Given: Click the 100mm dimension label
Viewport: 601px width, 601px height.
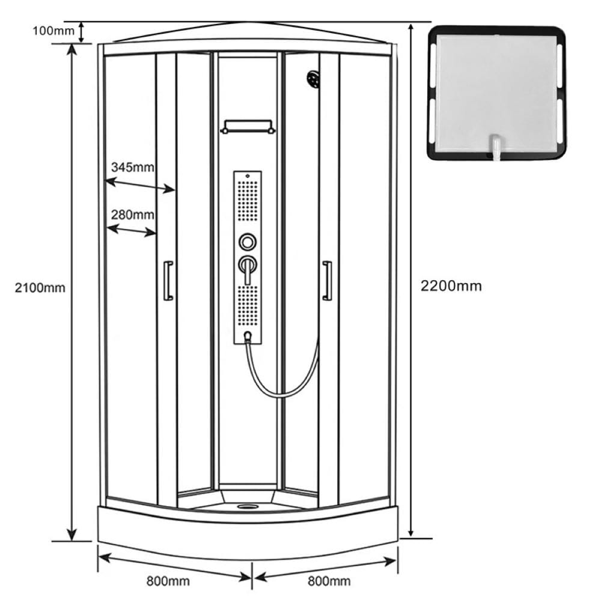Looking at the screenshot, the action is pyautogui.click(x=53, y=31).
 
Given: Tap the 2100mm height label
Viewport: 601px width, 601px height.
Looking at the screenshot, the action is pyautogui.click(x=40, y=287).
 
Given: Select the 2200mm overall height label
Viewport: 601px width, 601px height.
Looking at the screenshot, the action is pyautogui.click(x=451, y=286).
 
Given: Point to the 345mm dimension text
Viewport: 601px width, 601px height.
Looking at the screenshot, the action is pyautogui.click(x=133, y=167).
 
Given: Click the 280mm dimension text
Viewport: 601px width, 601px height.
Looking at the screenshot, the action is pyautogui.click(x=133, y=215).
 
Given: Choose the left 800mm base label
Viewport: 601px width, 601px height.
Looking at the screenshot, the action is pyautogui.click(x=168, y=581).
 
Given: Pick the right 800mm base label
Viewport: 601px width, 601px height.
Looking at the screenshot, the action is pyautogui.click(x=329, y=581).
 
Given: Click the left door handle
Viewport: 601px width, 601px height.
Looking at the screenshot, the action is pyautogui.click(x=168, y=281).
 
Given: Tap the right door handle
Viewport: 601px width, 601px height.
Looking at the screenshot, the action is pyautogui.click(x=327, y=281).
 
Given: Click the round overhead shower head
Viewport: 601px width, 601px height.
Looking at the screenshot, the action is pyautogui.click(x=314, y=78).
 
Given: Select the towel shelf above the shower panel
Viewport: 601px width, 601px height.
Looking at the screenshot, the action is pyautogui.click(x=248, y=127).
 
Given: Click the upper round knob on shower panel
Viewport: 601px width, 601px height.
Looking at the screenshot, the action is pyautogui.click(x=248, y=242).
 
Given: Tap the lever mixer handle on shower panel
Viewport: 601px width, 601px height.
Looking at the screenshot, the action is pyautogui.click(x=248, y=267).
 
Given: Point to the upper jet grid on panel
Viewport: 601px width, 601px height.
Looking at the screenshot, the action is pyautogui.click(x=248, y=201).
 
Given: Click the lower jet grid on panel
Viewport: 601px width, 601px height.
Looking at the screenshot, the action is pyautogui.click(x=248, y=305).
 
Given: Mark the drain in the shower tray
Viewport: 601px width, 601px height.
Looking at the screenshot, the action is pyautogui.click(x=245, y=506).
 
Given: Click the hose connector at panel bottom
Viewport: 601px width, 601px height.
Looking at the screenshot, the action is pyautogui.click(x=248, y=336).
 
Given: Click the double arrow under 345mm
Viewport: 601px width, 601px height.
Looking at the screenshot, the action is pyautogui.click(x=140, y=186).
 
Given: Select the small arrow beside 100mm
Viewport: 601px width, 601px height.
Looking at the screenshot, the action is pyautogui.click(x=81, y=32).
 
